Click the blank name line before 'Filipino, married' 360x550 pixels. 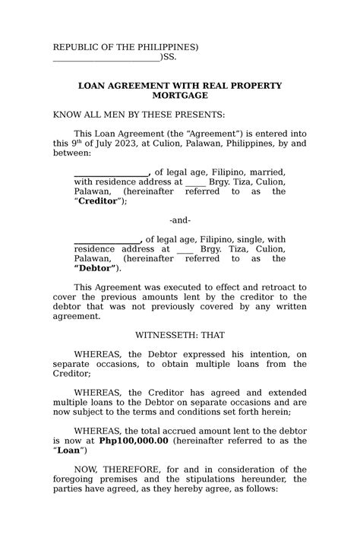click(x=112, y=173)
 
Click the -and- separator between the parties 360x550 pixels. click(x=180, y=220)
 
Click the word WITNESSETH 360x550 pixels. click(x=170, y=334)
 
